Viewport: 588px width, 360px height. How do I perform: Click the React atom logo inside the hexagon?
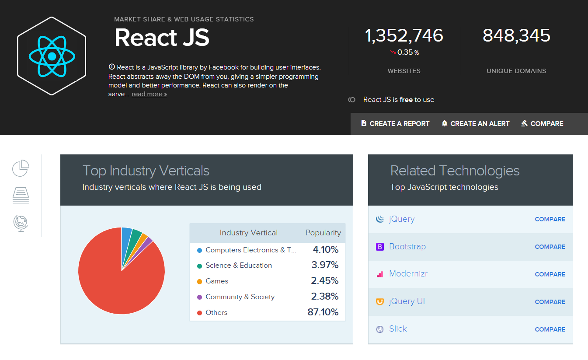pyautogui.click(x=52, y=56)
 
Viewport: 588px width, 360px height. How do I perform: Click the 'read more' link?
pyautogui.click(x=149, y=94)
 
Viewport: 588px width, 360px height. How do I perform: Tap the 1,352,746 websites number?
pyautogui.click(x=404, y=36)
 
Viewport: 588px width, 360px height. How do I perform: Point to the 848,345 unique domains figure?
pyautogui.click(x=516, y=36)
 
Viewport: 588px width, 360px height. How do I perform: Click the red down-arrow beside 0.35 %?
pyautogui.click(x=393, y=52)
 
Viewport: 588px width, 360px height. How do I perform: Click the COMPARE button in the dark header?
pyautogui.click(x=542, y=124)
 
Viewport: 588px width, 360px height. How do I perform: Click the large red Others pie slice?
pyautogui.click(x=114, y=280)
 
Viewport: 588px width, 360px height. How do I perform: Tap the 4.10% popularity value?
pyautogui.click(x=325, y=250)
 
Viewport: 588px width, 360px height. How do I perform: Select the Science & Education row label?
pyautogui.click(x=238, y=266)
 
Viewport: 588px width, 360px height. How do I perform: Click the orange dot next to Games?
pyautogui.click(x=199, y=281)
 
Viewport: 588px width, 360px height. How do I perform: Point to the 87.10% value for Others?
pyautogui.click(x=323, y=312)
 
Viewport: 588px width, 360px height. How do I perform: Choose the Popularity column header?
pyautogui.click(x=323, y=233)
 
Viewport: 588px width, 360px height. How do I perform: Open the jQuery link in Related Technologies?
pyautogui.click(x=401, y=219)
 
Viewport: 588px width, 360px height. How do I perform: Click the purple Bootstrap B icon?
pyautogui.click(x=379, y=247)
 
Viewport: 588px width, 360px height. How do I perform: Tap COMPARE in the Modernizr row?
pyautogui.click(x=550, y=274)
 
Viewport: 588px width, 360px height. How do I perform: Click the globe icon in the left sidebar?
pyautogui.click(x=21, y=223)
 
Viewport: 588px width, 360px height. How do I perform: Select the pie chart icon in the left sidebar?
pyautogui.click(x=21, y=168)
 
